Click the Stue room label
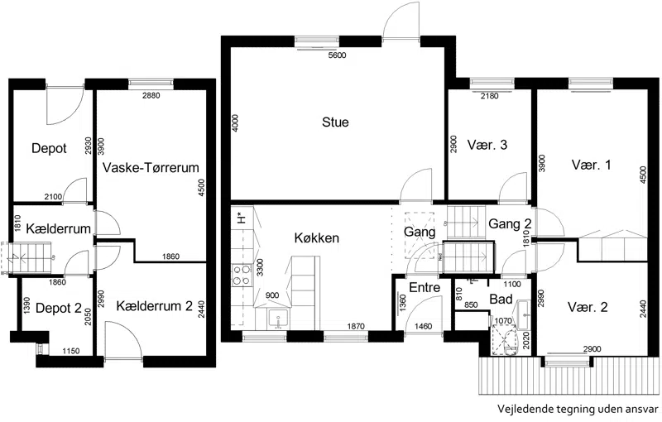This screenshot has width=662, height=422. (x=335, y=122)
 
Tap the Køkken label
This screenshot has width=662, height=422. (x=317, y=237)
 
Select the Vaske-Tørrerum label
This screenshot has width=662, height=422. (x=151, y=167)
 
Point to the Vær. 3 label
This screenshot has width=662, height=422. (x=487, y=145)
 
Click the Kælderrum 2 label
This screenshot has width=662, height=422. (x=154, y=306)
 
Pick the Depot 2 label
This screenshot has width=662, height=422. (x=59, y=308)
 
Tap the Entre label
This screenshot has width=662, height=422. (x=425, y=287)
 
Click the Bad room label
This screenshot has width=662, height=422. (x=501, y=300)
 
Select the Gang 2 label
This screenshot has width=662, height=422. (x=510, y=223)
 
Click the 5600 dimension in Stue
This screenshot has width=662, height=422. (x=337, y=55)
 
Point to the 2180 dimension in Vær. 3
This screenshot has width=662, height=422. (x=489, y=96)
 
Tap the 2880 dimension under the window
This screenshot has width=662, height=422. (x=151, y=95)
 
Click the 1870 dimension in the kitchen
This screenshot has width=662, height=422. (x=356, y=326)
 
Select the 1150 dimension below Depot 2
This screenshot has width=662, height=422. (x=70, y=351)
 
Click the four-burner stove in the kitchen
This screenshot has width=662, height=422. (x=242, y=275)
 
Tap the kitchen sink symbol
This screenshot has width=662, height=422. (x=278, y=319)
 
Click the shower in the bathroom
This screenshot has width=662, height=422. (x=505, y=341)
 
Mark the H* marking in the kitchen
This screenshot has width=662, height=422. (x=242, y=218)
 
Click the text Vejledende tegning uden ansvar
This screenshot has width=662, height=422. (x=578, y=409)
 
